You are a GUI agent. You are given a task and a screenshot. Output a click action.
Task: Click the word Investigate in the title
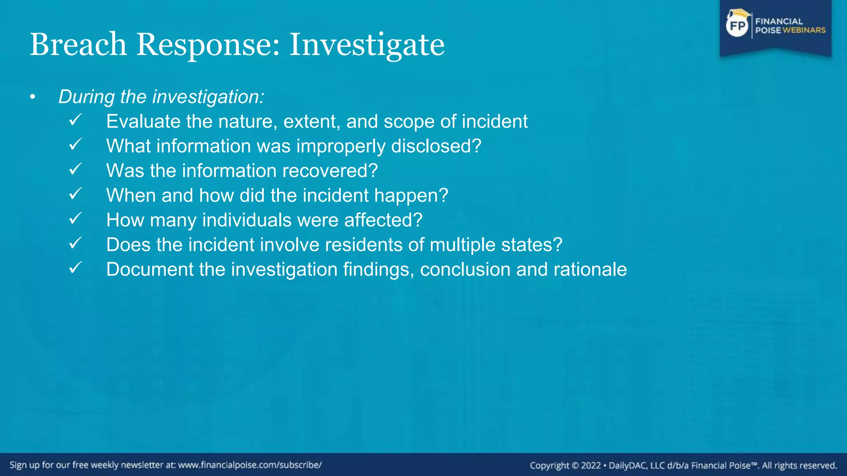[366, 45]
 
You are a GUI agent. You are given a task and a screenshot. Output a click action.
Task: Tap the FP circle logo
[737, 26]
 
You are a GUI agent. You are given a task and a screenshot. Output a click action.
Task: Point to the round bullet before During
[33, 98]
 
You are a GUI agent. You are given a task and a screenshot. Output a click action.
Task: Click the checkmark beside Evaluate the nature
[75, 120]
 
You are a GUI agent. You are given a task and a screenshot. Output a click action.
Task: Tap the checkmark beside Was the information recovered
[75, 169]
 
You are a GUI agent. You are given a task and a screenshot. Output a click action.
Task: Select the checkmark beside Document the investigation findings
[75, 268]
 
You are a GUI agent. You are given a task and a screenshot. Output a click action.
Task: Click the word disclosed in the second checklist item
[436, 146]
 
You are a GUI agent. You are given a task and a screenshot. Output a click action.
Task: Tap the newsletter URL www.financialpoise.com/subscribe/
[250, 465]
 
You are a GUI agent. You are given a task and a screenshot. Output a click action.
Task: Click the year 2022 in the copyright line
[591, 466]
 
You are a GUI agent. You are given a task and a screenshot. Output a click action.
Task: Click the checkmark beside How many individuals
[75, 219]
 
